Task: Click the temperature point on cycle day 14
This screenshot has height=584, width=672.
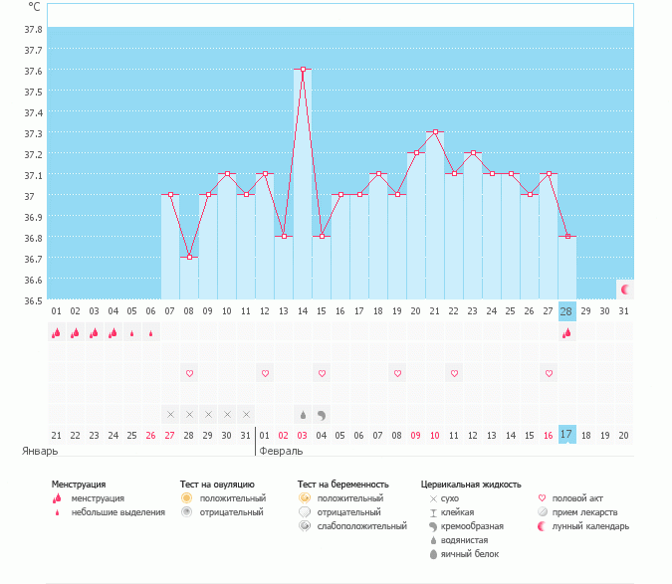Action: coord(303,69)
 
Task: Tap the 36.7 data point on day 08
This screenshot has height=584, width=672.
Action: coord(189,257)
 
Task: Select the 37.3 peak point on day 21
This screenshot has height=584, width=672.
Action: coord(434,131)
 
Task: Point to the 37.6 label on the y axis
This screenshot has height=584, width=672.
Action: coord(33,71)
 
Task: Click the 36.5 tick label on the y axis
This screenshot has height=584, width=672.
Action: coord(33,300)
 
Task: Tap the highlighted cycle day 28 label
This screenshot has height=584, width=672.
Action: coord(567,311)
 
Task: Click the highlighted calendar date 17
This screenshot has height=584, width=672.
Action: coord(567,435)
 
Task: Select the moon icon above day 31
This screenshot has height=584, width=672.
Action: coord(625,290)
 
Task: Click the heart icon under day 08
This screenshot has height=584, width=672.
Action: coord(189,373)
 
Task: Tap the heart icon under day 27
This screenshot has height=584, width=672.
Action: coord(549,373)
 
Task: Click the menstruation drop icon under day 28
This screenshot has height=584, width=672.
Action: coord(567,333)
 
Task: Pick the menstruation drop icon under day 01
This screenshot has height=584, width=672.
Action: coord(56,333)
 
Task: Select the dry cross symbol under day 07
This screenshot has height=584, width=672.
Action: coord(170,414)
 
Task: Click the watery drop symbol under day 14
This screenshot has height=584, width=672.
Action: coord(303,414)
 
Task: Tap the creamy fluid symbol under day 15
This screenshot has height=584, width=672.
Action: coord(322,414)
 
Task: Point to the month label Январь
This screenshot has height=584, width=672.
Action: coord(41,451)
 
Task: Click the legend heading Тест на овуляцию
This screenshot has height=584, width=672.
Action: coord(217,485)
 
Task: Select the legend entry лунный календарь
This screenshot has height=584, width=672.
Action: coord(590,526)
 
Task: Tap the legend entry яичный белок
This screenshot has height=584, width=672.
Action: coord(471,554)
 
